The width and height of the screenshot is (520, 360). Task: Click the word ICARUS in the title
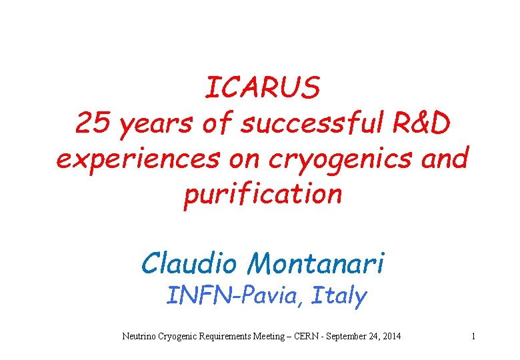coord(263,87)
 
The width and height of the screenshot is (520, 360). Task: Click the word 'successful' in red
coord(295,123)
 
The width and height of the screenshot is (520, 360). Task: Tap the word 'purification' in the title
coord(263,195)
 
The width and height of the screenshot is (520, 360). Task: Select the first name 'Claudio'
coord(191,263)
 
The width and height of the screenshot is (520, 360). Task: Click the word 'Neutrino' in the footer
coord(139,336)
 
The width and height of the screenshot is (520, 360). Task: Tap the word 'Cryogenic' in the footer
coord(181,336)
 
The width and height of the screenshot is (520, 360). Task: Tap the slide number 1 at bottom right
coord(473,336)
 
